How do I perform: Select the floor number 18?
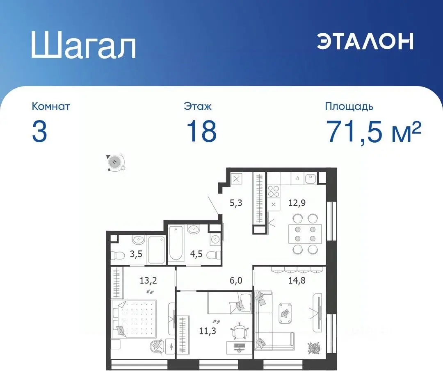pyautogui.click(x=201, y=131)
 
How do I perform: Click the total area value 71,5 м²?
pyautogui.click(x=374, y=131)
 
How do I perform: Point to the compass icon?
pyautogui.click(x=114, y=161)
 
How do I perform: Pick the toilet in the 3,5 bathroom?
pyautogui.click(x=118, y=256)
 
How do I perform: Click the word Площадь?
pyautogui.click(x=349, y=107)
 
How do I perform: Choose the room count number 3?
pyautogui.click(x=39, y=131)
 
